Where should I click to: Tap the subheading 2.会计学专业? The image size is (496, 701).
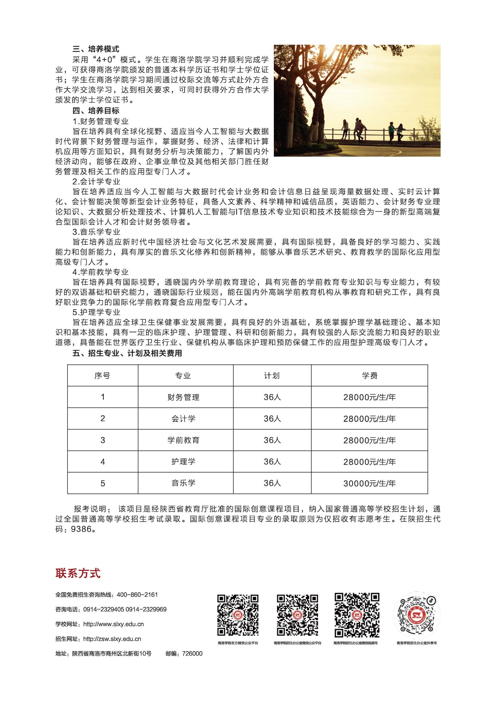(x=96, y=181)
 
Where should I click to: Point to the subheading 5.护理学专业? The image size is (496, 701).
(x=96, y=312)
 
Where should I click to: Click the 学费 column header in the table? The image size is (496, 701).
(x=370, y=375)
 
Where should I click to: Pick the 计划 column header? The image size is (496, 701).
(x=272, y=375)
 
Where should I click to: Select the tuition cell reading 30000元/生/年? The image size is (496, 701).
(x=370, y=483)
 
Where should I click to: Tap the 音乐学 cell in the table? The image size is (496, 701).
(x=183, y=483)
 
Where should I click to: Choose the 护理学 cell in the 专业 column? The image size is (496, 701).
(x=183, y=461)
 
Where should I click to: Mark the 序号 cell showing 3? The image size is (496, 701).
(x=103, y=440)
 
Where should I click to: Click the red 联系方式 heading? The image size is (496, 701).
(x=78, y=573)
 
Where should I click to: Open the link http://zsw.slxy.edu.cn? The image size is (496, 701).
(x=112, y=639)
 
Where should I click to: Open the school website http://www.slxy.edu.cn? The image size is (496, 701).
(x=114, y=624)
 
